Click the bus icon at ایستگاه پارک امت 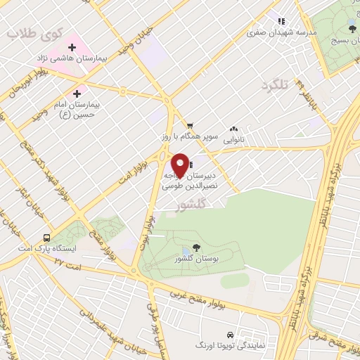(46, 238)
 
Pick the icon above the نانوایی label (233, 129)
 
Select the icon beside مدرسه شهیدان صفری (282, 22)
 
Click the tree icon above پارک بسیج (352, 28)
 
